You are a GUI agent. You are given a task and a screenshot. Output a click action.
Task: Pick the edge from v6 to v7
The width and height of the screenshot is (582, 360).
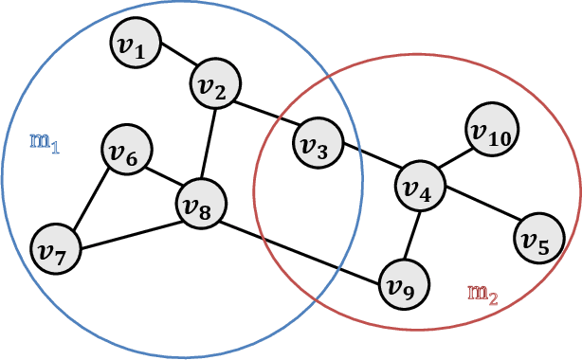tap(92, 198)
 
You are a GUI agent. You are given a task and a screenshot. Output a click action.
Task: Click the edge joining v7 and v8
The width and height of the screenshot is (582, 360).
tap(129, 236)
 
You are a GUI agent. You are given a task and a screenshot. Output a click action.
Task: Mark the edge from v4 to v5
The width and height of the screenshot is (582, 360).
tap(480, 210)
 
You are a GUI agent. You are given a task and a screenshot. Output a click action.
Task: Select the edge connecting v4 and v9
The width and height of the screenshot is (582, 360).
tap(412, 231)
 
